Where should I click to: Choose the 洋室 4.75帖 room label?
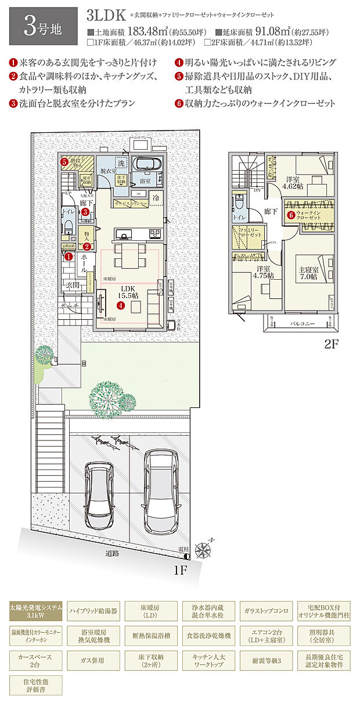[x=263, y=273]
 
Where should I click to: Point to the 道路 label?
[x=112, y=553]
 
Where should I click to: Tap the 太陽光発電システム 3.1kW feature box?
[x=35, y=611]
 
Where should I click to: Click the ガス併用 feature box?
[x=93, y=660]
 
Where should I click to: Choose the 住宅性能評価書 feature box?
[x=35, y=685]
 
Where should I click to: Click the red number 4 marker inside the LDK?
[x=120, y=305]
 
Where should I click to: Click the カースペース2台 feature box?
[x=35, y=660]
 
